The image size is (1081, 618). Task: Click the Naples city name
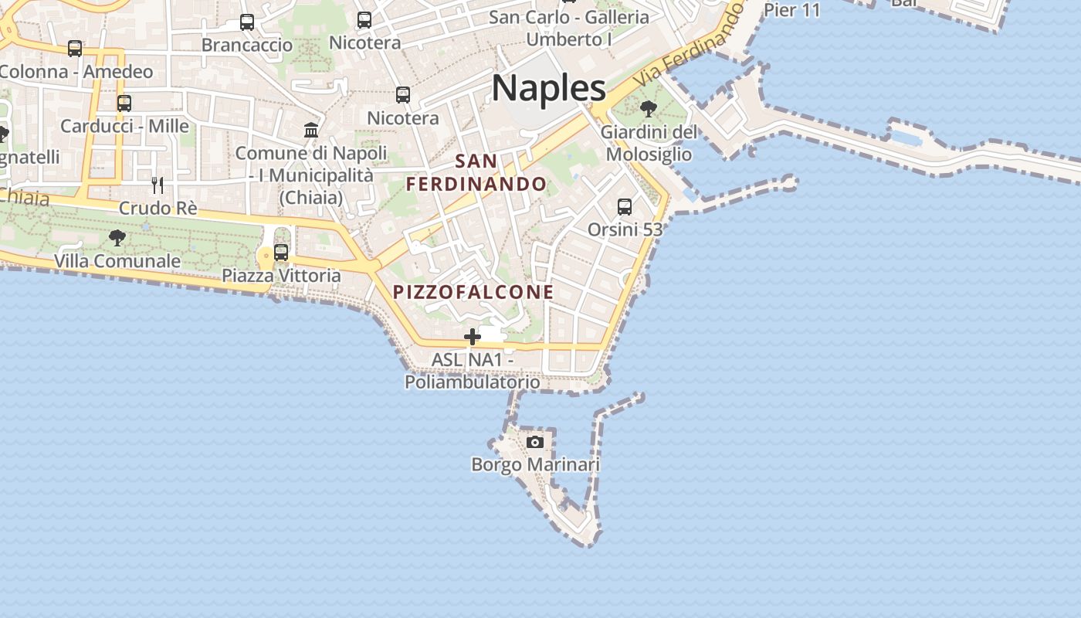[x=548, y=88]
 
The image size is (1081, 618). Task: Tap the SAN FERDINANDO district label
[x=476, y=173]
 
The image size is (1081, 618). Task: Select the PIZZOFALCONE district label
[x=473, y=292]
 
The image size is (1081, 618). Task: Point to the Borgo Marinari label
[x=535, y=464]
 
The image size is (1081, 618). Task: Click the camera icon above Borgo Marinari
[x=534, y=443]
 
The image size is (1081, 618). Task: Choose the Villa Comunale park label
[x=117, y=261]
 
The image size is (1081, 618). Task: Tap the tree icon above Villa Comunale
[x=117, y=238]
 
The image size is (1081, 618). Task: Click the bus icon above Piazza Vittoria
[x=281, y=253]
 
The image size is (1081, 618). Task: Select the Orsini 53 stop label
[x=625, y=229]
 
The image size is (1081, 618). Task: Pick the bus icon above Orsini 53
[x=625, y=207]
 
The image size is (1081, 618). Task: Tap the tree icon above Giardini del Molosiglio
[x=649, y=108]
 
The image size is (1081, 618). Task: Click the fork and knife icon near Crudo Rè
[x=158, y=185]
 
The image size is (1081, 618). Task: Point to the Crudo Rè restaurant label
[x=158, y=209]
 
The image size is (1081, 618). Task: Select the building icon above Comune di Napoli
[x=311, y=130]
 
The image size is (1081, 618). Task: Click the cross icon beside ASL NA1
[x=472, y=337]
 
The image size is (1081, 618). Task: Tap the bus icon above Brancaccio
[x=247, y=22]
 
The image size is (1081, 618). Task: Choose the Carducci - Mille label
[x=124, y=126]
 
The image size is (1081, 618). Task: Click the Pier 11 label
[x=791, y=9]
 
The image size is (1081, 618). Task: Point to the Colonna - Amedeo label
[x=76, y=72]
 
